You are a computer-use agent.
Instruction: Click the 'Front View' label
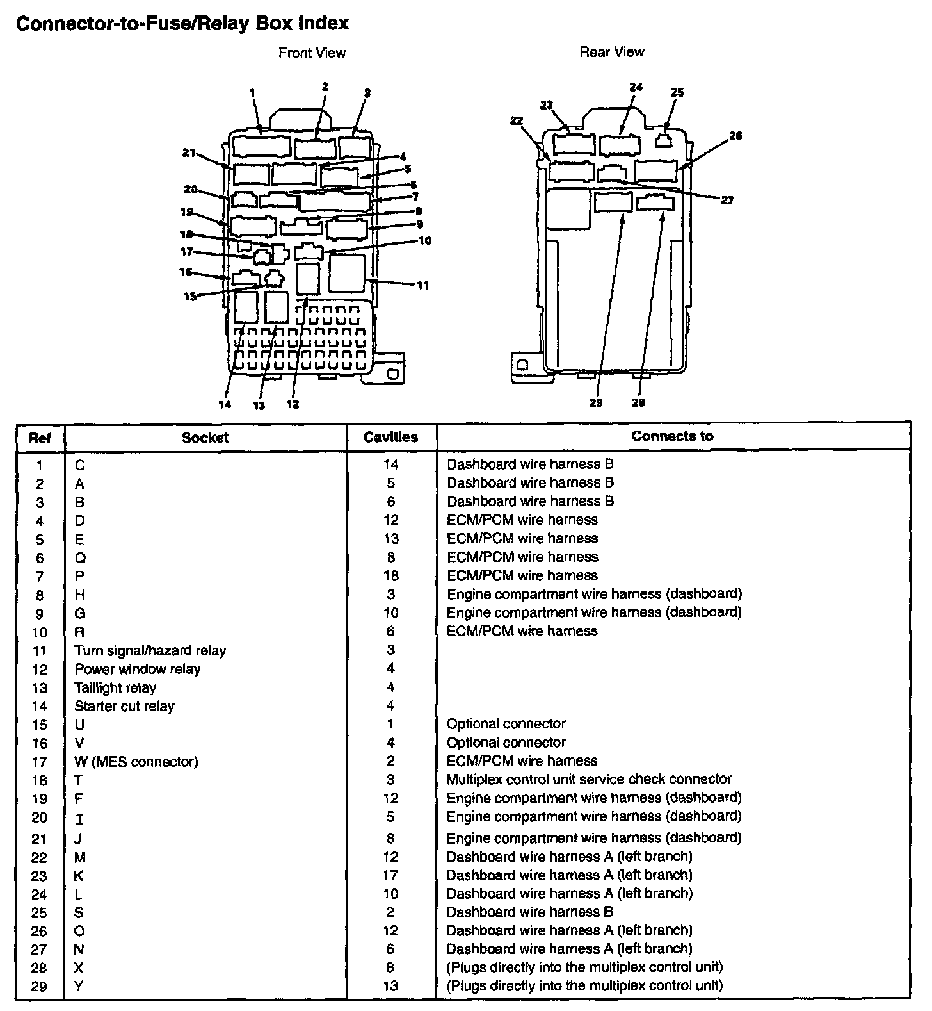(312, 53)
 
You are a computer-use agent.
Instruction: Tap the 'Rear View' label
(611, 52)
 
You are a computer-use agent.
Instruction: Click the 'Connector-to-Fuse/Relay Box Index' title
(182, 24)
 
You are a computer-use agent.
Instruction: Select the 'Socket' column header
(205, 438)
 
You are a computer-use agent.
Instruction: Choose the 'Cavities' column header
(390, 438)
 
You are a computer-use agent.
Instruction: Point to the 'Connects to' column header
(672, 436)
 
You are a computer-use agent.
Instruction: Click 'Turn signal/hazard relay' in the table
(150, 651)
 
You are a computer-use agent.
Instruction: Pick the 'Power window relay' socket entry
(137, 670)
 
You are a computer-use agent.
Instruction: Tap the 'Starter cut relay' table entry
(124, 706)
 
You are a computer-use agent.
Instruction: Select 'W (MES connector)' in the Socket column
(136, 762)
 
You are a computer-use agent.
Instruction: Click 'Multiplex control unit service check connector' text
(589, 779)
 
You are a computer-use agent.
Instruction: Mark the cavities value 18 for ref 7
(390, 576)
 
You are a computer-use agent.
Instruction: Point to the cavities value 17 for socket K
(390, 875)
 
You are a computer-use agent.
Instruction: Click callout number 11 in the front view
(422, 286)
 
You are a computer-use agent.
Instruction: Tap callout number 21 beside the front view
(188, 152)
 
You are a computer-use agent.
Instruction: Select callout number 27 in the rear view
(727, 201)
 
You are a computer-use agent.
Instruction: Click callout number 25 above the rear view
(677, 92)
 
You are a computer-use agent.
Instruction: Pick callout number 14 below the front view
(224, 405)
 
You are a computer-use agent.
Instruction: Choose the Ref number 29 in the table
(39, 987)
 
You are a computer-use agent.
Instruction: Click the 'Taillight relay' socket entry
(115, 688)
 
